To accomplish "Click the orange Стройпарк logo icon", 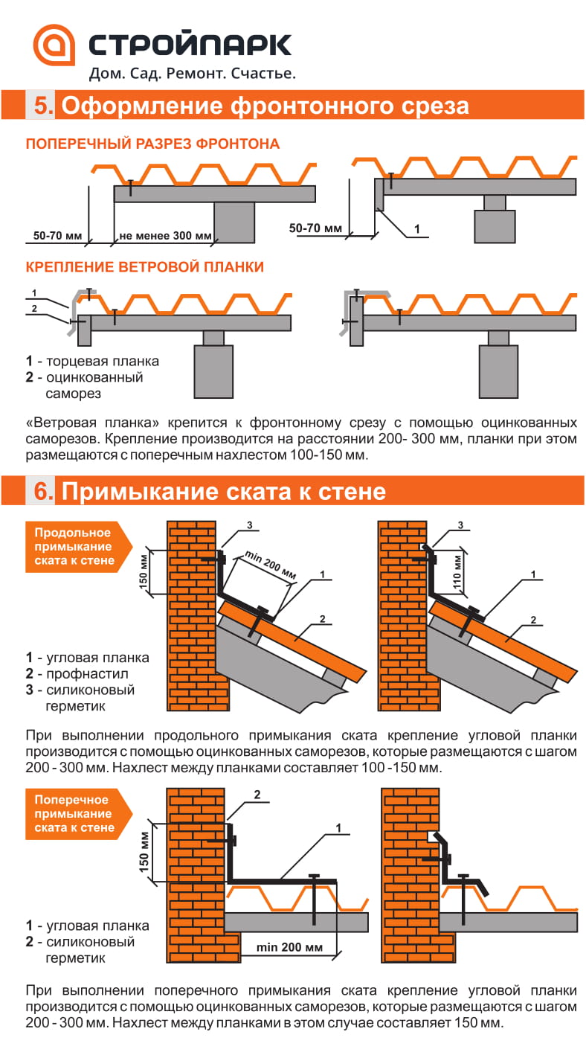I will [54, 48].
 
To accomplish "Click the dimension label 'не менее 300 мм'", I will [164, 237].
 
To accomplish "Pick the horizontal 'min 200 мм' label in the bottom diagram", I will [289, 947].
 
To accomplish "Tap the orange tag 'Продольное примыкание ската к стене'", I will [73, 546].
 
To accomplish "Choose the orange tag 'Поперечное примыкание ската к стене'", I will [73, 813].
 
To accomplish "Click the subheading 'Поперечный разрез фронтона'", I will [152, 144].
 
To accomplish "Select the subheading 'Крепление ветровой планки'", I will [144, 266].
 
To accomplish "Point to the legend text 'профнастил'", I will [87, 674].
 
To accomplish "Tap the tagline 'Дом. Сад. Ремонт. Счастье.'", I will [192, 74].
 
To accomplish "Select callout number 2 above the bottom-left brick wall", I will [257, 795].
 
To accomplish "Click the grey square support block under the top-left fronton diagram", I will [234, 222].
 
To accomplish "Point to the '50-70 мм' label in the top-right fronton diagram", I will [315, 228].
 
